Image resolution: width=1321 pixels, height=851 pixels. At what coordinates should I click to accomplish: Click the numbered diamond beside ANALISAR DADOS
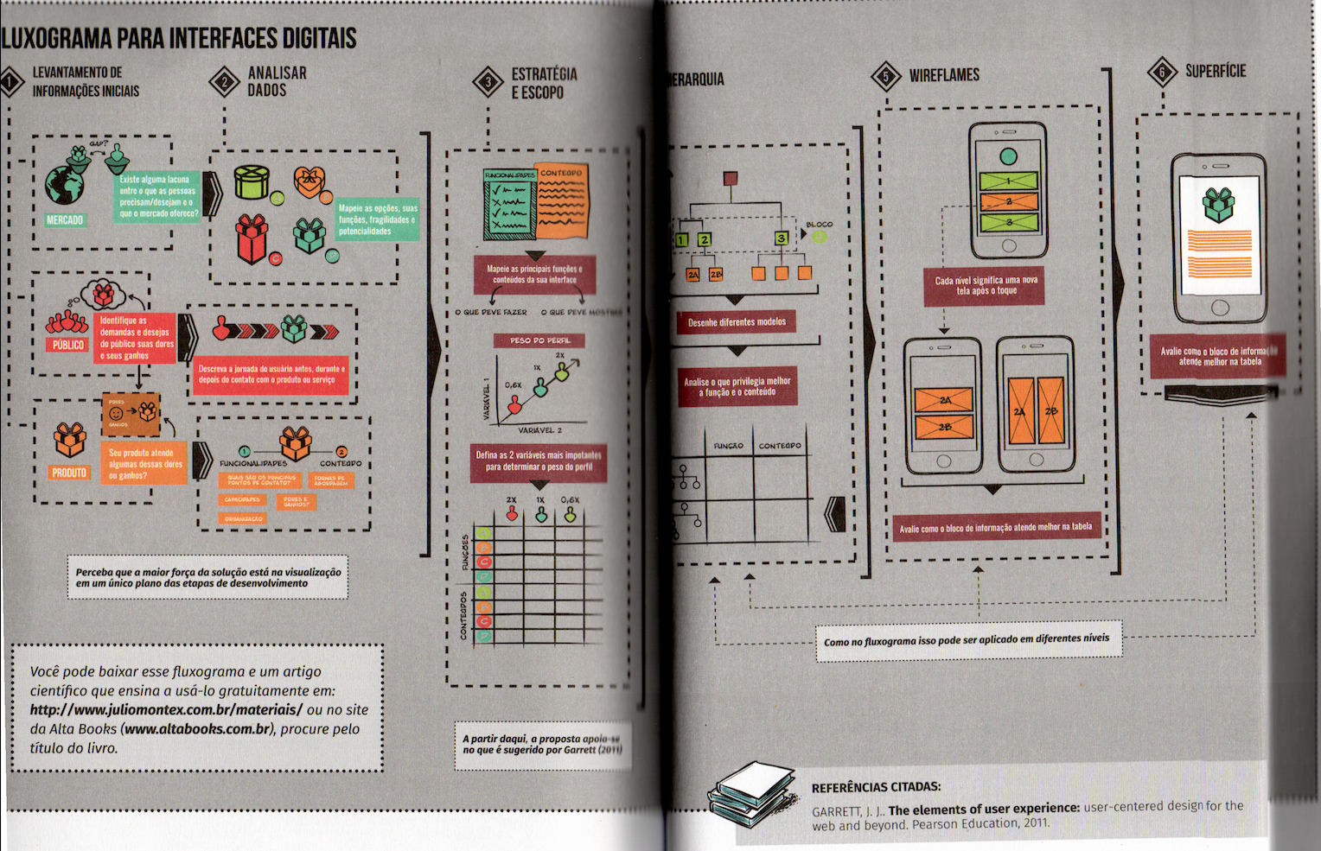click(x=225, y=83)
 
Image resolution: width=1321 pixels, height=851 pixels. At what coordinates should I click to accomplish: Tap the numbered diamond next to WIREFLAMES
click(x=886, y=76)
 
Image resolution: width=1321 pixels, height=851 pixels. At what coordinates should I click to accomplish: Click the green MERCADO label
click(x=65, y=220)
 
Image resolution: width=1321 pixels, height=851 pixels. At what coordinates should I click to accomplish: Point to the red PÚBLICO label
click(x=68, y=345)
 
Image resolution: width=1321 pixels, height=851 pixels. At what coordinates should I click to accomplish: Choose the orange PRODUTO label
click(x=69, y=473)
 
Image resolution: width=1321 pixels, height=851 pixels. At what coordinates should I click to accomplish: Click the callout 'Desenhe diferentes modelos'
click(x=737, y=322)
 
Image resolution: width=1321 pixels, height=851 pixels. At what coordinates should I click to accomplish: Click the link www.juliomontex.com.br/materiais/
click(x=166, y=709)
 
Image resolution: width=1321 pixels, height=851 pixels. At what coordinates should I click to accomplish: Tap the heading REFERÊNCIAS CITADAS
click(x=876, y=787)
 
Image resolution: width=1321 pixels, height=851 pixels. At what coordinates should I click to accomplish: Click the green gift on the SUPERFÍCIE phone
click(x=1219, y=205)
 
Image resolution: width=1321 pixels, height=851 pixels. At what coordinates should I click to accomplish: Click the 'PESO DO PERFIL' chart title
click(x=539, y=340)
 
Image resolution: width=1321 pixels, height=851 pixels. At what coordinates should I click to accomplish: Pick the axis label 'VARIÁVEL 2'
click(x=539, y=429)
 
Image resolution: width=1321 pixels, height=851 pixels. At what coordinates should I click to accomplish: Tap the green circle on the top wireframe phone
click(x=1008, y=157)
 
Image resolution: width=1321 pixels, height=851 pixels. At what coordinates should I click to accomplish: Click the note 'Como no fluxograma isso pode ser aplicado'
click(x=967, y=640)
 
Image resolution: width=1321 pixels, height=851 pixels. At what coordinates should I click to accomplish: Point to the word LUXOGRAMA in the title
click(x=56, y=38)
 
